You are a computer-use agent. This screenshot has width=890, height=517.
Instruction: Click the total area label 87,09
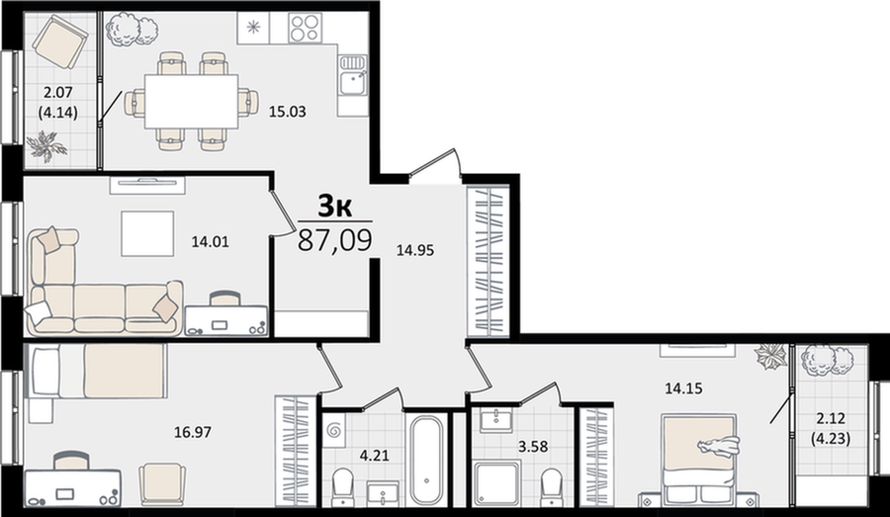click(x=335, y=239)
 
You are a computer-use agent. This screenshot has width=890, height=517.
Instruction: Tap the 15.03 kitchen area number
click(x=287, y=112)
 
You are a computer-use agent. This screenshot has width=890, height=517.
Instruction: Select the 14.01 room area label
click(x=210, y=242)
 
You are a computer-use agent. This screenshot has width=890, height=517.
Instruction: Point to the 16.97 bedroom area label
click(x=193, y=432)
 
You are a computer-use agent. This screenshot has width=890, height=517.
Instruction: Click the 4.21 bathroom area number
click(x=375, y=455)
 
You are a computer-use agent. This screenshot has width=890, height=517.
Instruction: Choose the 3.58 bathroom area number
click(x=533, y=447)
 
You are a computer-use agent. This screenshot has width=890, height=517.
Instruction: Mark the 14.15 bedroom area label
click(x=683, y=388)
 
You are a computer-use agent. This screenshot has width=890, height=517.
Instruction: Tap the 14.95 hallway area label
click(x=415, y=250)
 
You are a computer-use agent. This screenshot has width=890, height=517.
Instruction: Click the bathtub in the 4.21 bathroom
click(x=427, y=461)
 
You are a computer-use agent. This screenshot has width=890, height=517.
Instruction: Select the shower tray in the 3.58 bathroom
click(x=496, y=483)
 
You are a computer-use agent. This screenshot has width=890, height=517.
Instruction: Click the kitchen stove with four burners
click(x=305, y=29)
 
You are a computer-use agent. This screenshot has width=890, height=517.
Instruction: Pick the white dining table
click(x=191, y=102)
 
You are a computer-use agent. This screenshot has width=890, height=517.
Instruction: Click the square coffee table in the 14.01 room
click(x=147, y=233)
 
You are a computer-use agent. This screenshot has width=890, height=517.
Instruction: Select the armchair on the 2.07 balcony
click(x=59, y=41)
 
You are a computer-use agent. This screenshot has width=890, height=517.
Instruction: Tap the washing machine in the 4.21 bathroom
click(x=335, y=432)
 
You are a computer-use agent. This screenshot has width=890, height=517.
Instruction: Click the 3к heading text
click(x=335, y=206)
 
